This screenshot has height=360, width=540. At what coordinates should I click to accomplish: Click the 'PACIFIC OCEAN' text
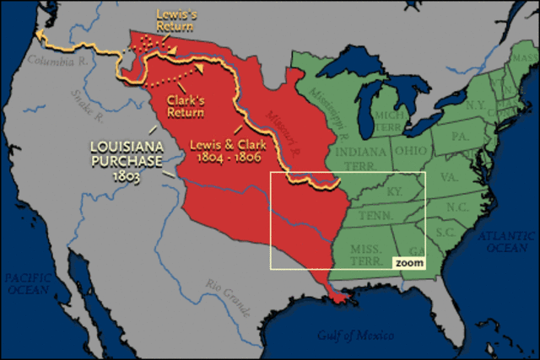tap(29, 283)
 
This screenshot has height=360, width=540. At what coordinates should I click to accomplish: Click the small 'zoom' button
tap(408, 263)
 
